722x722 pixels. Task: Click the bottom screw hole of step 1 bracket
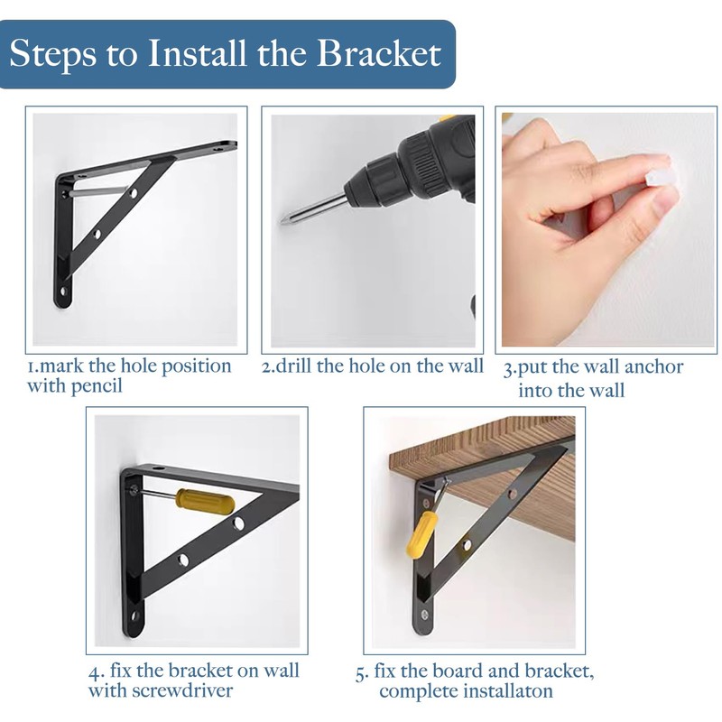tap(64, 292)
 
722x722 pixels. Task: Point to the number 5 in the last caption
tap(360, 672)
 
